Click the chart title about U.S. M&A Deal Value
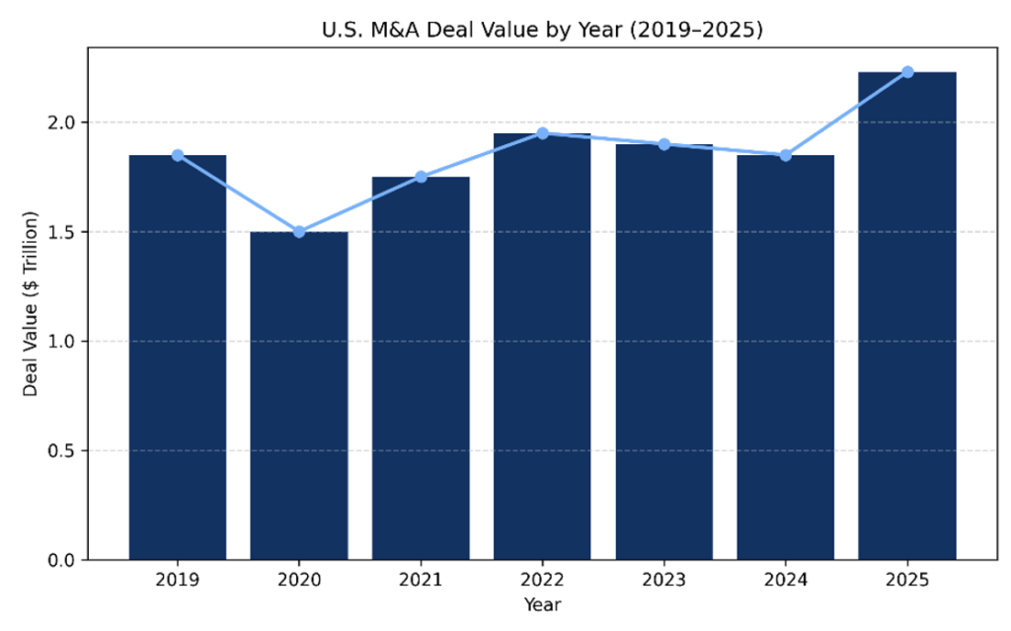(x=542, y=31)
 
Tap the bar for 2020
(x=299, y=395)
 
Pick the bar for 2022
(x=542, y=346)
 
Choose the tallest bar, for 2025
(x=906, y=316)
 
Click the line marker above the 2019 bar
(x=178, y=155)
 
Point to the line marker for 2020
(x=299, y=232)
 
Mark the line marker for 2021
(x=421, y=177)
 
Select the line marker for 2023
(x=663, y=144)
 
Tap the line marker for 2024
(x=785, y=155)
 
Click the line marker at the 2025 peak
(x=906, y=72)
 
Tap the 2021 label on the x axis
(x=421, y=580)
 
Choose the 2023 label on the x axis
(x=663, y=580)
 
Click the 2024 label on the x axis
(x=785, y=580)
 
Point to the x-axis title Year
(x=542, y=602)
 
